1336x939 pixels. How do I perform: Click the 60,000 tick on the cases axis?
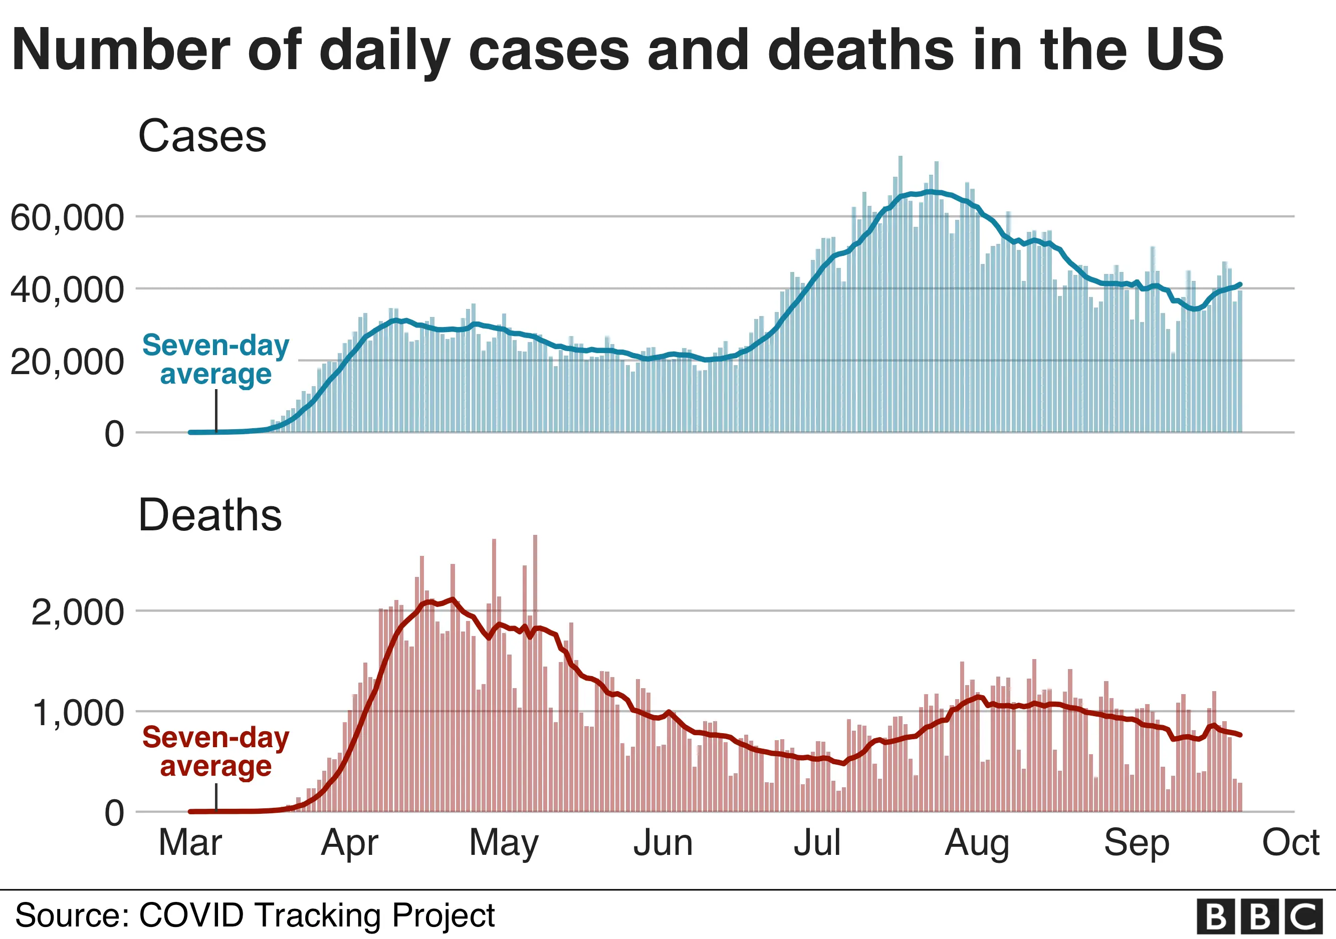[x=67, y=217]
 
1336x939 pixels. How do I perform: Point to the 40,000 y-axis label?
[x=67, y=289]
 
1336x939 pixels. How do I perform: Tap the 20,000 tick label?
[x=67, y=362]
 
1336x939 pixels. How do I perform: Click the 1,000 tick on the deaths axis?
[x=77, y=712]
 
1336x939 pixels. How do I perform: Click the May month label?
[x=504, y=843]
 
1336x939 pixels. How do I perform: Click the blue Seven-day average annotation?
[x=215, y=359]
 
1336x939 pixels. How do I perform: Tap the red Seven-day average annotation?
[x=215, y=751]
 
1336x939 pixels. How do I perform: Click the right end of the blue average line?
[x=1241, y=284]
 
